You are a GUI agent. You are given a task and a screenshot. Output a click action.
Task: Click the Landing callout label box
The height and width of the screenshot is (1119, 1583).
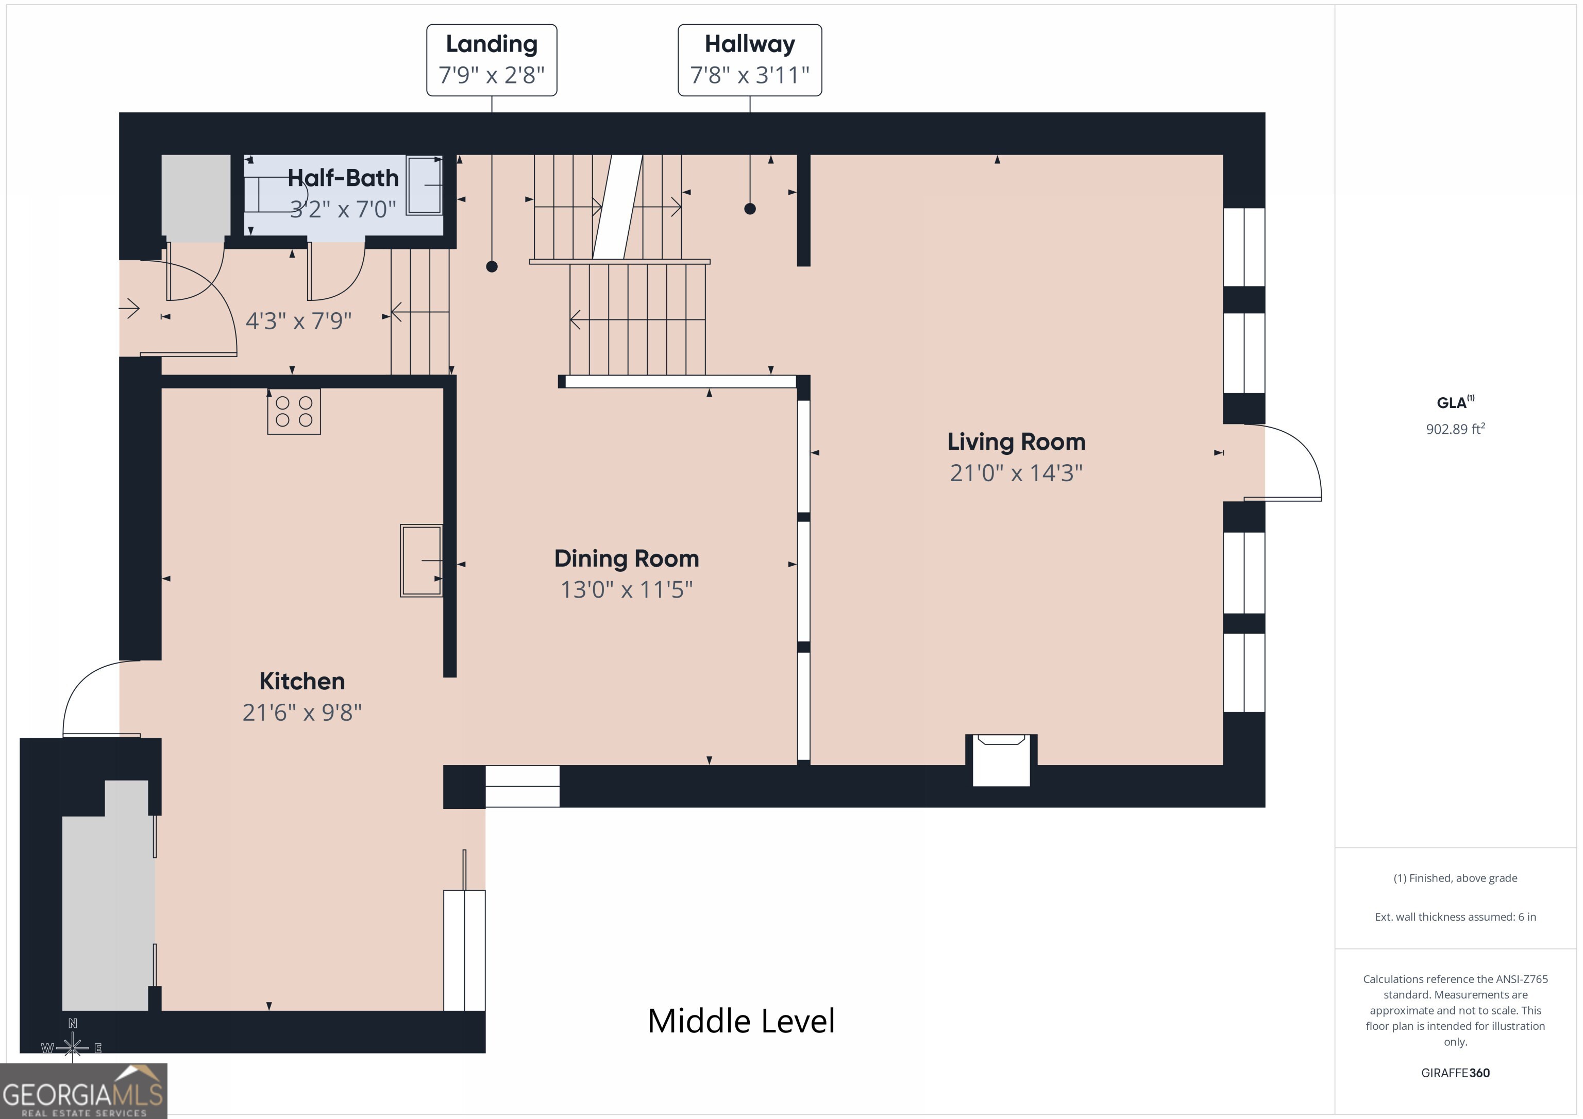point(492,60)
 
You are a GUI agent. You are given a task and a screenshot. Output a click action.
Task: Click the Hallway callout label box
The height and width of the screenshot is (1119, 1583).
point(749,60)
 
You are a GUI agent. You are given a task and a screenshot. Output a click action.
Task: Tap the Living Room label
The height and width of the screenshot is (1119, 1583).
point(1016,441)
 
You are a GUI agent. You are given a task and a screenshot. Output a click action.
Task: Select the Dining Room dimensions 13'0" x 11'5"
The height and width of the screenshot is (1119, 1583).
point(626,589)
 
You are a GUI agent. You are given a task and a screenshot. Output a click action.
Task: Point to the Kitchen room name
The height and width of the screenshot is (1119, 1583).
point(302,681)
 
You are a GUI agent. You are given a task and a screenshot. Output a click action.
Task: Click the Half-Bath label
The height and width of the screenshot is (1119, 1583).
point(343,178)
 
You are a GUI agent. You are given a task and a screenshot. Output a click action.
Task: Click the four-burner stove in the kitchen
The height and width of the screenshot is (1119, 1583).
point(294,412)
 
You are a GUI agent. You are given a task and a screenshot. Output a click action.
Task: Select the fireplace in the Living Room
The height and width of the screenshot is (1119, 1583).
point(1001,760)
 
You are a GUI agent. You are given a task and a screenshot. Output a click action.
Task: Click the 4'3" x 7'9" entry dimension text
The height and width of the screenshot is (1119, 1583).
point(298,320)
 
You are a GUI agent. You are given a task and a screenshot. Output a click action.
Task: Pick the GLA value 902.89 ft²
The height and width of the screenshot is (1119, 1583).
point(1455,429)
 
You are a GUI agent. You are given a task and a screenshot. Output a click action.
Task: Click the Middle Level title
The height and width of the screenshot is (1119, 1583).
point(741,1021)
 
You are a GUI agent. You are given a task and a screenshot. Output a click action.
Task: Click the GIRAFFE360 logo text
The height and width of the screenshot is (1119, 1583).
point(1455,1073)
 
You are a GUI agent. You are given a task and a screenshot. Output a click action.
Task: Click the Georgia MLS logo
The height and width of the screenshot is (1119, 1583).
point(83,1091)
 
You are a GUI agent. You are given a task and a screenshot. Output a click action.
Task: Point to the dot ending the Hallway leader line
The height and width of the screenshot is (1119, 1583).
point(750,209)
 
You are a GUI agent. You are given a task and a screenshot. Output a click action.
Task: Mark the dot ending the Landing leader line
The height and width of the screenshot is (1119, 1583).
point(492,266)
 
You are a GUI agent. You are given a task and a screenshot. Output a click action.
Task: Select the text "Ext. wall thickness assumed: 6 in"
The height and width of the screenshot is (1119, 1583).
point(1455,917)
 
